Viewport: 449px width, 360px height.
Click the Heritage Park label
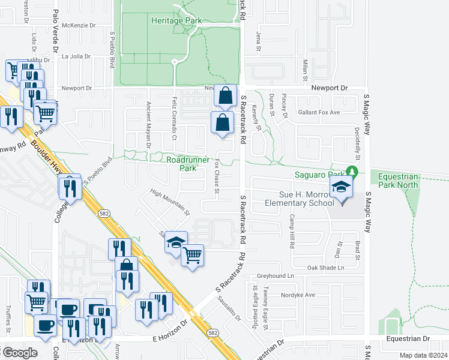(176, 20)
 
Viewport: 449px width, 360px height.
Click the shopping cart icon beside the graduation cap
(193, 256)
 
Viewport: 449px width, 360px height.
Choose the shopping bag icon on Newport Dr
(225, 96)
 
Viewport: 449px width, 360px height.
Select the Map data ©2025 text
(423, 355)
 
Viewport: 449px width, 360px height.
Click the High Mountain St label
(170, 202)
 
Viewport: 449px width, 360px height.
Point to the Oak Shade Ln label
(326, 268)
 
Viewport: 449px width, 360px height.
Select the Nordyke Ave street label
(301, 295)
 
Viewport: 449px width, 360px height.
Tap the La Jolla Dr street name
(76, 57)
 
